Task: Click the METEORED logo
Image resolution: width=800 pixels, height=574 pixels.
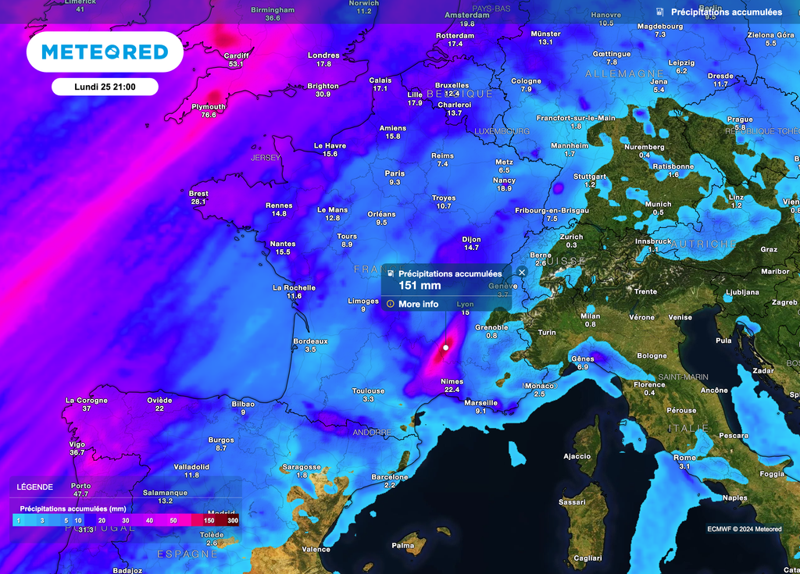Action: (105, 52)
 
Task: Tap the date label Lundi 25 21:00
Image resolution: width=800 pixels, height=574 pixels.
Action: (105, 87)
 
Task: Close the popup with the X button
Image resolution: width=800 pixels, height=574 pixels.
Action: (521, 272)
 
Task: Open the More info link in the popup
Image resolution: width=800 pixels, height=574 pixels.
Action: (418, 304)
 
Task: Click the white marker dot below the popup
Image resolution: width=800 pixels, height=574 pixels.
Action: (445, 347)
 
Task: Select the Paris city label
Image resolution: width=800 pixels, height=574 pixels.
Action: (395, 173)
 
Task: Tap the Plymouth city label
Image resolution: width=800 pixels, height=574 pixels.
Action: (209, 107)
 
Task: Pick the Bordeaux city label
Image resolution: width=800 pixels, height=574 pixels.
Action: (310, 341)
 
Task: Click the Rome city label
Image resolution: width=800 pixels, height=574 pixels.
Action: (684, 458)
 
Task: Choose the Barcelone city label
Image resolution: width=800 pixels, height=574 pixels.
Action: (390, 476)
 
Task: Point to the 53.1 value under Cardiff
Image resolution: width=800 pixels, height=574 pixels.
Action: (236, 64)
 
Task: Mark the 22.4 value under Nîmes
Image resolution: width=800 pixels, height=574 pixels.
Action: (452, 390)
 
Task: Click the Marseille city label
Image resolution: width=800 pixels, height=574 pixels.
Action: (480, 403)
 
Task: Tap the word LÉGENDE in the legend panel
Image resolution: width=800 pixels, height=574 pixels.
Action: (35, 487)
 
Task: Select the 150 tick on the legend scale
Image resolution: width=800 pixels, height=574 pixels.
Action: (209, 520)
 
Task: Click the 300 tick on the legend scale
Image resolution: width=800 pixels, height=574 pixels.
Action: (232, 520)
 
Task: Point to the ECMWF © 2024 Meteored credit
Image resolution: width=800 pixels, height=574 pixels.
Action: (744, 529)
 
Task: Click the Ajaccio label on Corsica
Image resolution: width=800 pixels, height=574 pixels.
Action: (577, 456)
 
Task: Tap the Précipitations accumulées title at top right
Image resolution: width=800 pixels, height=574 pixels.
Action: (726, 12)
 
